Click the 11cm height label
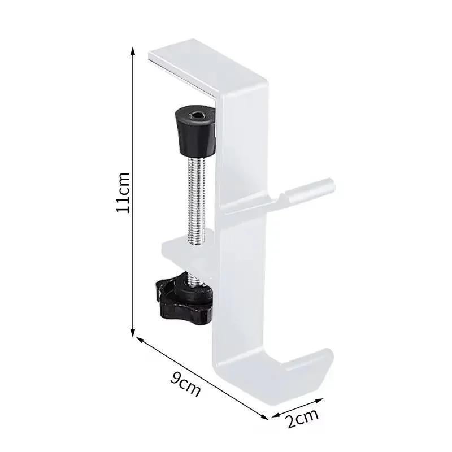tap(124, 193)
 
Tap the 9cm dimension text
tap(186, 385)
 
